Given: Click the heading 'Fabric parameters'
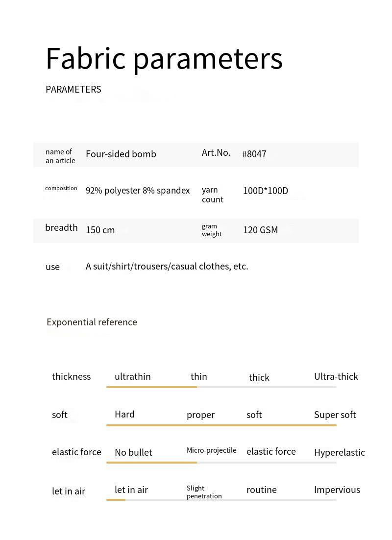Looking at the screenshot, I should coord(164,59).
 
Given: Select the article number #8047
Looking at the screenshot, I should coord(254,154).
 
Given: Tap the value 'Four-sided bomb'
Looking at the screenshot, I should coord(121,154).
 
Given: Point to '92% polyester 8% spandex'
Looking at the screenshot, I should coord(138,191).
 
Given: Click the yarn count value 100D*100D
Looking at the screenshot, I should coord(266,191).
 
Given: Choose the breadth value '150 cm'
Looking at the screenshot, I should coord(100,230).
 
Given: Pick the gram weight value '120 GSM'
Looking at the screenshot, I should coord(260,230).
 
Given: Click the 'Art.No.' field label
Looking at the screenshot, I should coord(216,153).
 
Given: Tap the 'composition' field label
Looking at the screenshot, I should coord(61,188).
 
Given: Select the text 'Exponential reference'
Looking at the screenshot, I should coord(92,322).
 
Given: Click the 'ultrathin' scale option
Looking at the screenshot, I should coord(132,376).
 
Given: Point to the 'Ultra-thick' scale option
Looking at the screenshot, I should coord(336,376).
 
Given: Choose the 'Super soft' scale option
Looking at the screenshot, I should coord(335,415).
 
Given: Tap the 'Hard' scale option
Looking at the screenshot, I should coord(124,414).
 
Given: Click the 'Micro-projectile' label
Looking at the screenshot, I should coord(211,450).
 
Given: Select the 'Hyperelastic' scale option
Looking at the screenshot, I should coord(339,452).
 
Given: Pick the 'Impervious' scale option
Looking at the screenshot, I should coord(337,490).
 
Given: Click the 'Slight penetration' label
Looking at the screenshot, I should coord(204,492).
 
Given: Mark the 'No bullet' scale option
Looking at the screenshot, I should coord(133,452).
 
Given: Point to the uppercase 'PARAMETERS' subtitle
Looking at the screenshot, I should coord(73,89).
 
